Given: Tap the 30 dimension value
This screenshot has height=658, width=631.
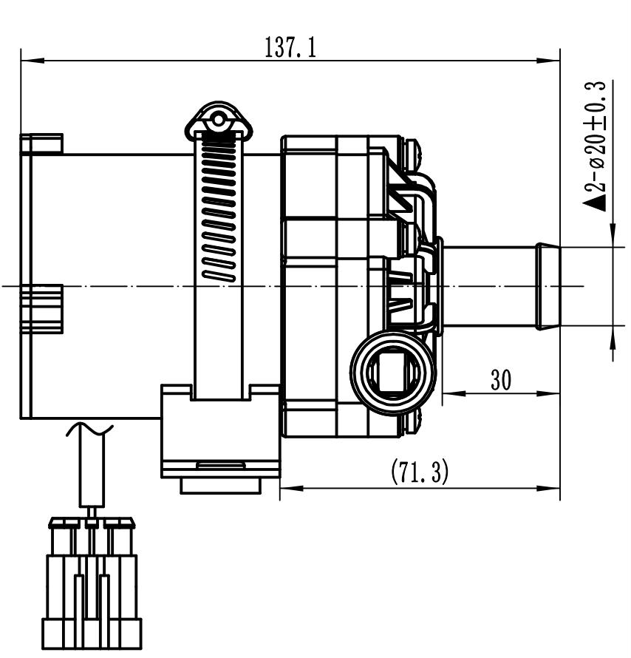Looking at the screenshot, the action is coord(501,380).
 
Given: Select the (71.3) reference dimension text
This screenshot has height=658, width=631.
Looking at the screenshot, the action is coord(419,472).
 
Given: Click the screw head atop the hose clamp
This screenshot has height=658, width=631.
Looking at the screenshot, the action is coord(218,121).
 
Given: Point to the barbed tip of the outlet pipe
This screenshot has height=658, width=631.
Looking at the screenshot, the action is coord(548,286).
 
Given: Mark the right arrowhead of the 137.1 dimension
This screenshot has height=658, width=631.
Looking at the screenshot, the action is coord(550,60).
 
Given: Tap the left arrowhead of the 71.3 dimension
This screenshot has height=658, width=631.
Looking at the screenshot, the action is coord(290,487).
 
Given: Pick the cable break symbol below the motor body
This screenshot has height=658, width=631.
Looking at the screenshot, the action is coord(89,427).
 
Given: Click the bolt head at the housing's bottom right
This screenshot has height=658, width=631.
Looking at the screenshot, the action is coord(414,422).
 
